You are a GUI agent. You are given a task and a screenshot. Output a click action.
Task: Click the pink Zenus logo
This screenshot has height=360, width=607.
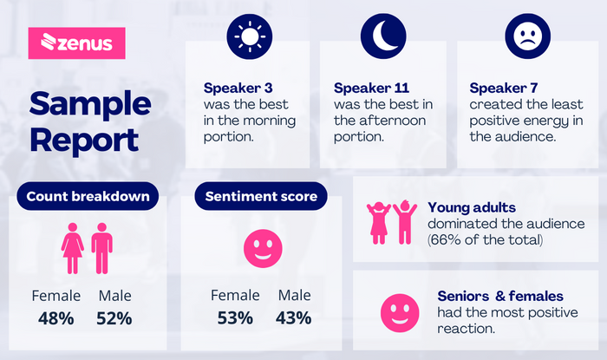tap(76, 43)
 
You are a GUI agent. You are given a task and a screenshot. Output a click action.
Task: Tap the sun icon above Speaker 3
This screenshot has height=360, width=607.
tap(250, 36)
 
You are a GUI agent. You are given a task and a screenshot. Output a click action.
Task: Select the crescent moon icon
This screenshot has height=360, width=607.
tap(383, 36)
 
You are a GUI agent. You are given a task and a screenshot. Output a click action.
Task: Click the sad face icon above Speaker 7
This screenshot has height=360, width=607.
tap(527, 36)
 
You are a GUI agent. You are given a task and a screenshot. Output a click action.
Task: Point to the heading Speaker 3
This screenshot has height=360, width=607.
tap(238, 88)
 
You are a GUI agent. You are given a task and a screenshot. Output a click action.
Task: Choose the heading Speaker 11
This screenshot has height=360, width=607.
tap(371, 88)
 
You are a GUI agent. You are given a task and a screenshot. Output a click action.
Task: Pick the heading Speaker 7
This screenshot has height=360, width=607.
tap(504, 88)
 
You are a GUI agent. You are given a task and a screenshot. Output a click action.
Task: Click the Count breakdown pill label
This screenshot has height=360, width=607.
tap(88, 196)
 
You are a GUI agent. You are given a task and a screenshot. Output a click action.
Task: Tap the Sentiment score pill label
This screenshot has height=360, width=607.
tap(261, 196)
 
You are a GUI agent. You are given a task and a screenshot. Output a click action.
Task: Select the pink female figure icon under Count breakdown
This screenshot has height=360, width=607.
tap(72, 248)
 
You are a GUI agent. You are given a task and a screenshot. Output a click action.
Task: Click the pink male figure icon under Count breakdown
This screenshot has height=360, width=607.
tap(101, 248)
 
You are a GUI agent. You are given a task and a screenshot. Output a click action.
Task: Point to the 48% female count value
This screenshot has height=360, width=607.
tap(56, 318)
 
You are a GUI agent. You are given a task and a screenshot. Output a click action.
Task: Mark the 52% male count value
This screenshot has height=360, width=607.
tap(114, 318)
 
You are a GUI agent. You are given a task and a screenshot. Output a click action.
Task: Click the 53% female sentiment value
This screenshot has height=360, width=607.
tap(235, 318)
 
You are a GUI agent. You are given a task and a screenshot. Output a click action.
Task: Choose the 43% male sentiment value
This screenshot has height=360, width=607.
tap(293, 318)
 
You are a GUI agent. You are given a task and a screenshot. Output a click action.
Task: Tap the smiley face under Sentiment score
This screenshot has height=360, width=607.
tap(263, 248)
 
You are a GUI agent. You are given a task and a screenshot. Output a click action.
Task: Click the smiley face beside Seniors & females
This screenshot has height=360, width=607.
tap(400, 313)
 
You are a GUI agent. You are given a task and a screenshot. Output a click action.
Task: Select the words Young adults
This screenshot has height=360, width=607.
tap(472, 208)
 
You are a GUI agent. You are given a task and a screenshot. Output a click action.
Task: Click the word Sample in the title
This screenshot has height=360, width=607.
tap(90, 104)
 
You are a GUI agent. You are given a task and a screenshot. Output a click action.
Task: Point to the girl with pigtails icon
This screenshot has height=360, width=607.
tap(379, 223)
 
